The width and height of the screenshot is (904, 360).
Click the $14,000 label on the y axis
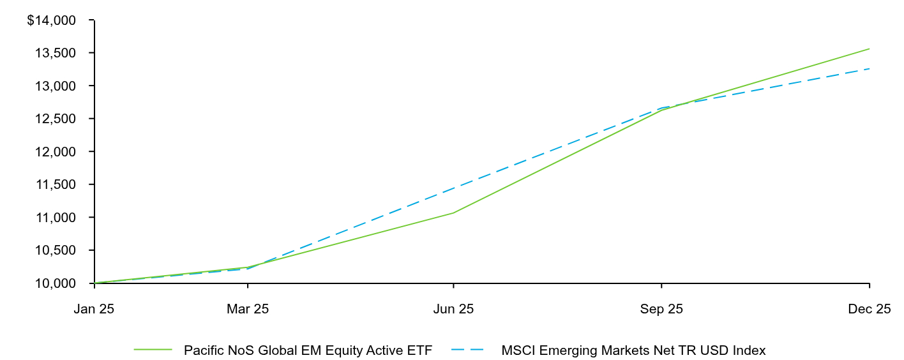point(51,20)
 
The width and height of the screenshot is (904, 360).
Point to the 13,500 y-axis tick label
point(54,53)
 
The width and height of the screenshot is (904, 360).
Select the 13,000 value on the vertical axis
point(54,86)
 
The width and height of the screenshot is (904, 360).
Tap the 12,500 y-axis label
point(54,119)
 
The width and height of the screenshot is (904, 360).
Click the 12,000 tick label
point(54,152)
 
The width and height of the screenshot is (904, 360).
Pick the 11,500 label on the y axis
point(54,184)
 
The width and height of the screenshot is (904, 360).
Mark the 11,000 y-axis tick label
point(54,218)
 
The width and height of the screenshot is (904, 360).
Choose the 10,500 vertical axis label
point(54,250)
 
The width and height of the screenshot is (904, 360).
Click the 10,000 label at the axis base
point(54,283)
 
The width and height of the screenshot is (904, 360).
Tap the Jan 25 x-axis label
point(94,310)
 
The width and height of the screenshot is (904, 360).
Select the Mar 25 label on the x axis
point(248,310)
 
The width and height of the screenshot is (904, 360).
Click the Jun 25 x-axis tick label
point(453,310)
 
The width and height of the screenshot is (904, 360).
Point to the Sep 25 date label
point(661,310)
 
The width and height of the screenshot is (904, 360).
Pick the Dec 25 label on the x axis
point(869,310)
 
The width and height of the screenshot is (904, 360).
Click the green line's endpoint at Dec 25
point(869,49)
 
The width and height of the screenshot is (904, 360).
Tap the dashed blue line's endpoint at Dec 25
point(869,68)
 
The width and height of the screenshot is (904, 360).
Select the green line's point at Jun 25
point(453,213)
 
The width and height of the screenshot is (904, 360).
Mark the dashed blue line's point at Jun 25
point(453,188)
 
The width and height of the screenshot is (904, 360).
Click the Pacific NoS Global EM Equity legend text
point(308,350)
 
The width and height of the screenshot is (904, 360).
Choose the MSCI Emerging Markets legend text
point(633,350)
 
